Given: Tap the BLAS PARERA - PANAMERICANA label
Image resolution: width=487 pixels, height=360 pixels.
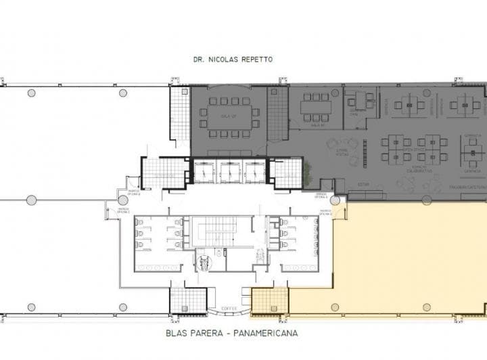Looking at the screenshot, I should (x=231, y=333).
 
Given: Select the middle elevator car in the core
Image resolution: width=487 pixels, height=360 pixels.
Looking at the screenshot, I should (x=229, y=172).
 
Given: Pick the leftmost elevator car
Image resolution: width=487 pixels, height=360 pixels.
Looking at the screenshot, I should (x=204, y=172).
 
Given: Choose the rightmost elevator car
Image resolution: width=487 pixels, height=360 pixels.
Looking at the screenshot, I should (x=255, y=172).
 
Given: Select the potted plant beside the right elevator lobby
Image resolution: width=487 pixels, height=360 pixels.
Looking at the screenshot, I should (x=308, y=169).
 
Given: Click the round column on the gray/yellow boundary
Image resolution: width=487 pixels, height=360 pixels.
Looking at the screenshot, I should (x=426, y=200).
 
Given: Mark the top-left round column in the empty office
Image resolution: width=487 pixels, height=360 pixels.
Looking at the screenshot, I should (x=31, y=93).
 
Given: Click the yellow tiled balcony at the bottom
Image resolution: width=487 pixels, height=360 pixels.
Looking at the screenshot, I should (x=269, y=300).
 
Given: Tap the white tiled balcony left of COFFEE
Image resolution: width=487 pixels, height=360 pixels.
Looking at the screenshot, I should (x=187, y=300).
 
